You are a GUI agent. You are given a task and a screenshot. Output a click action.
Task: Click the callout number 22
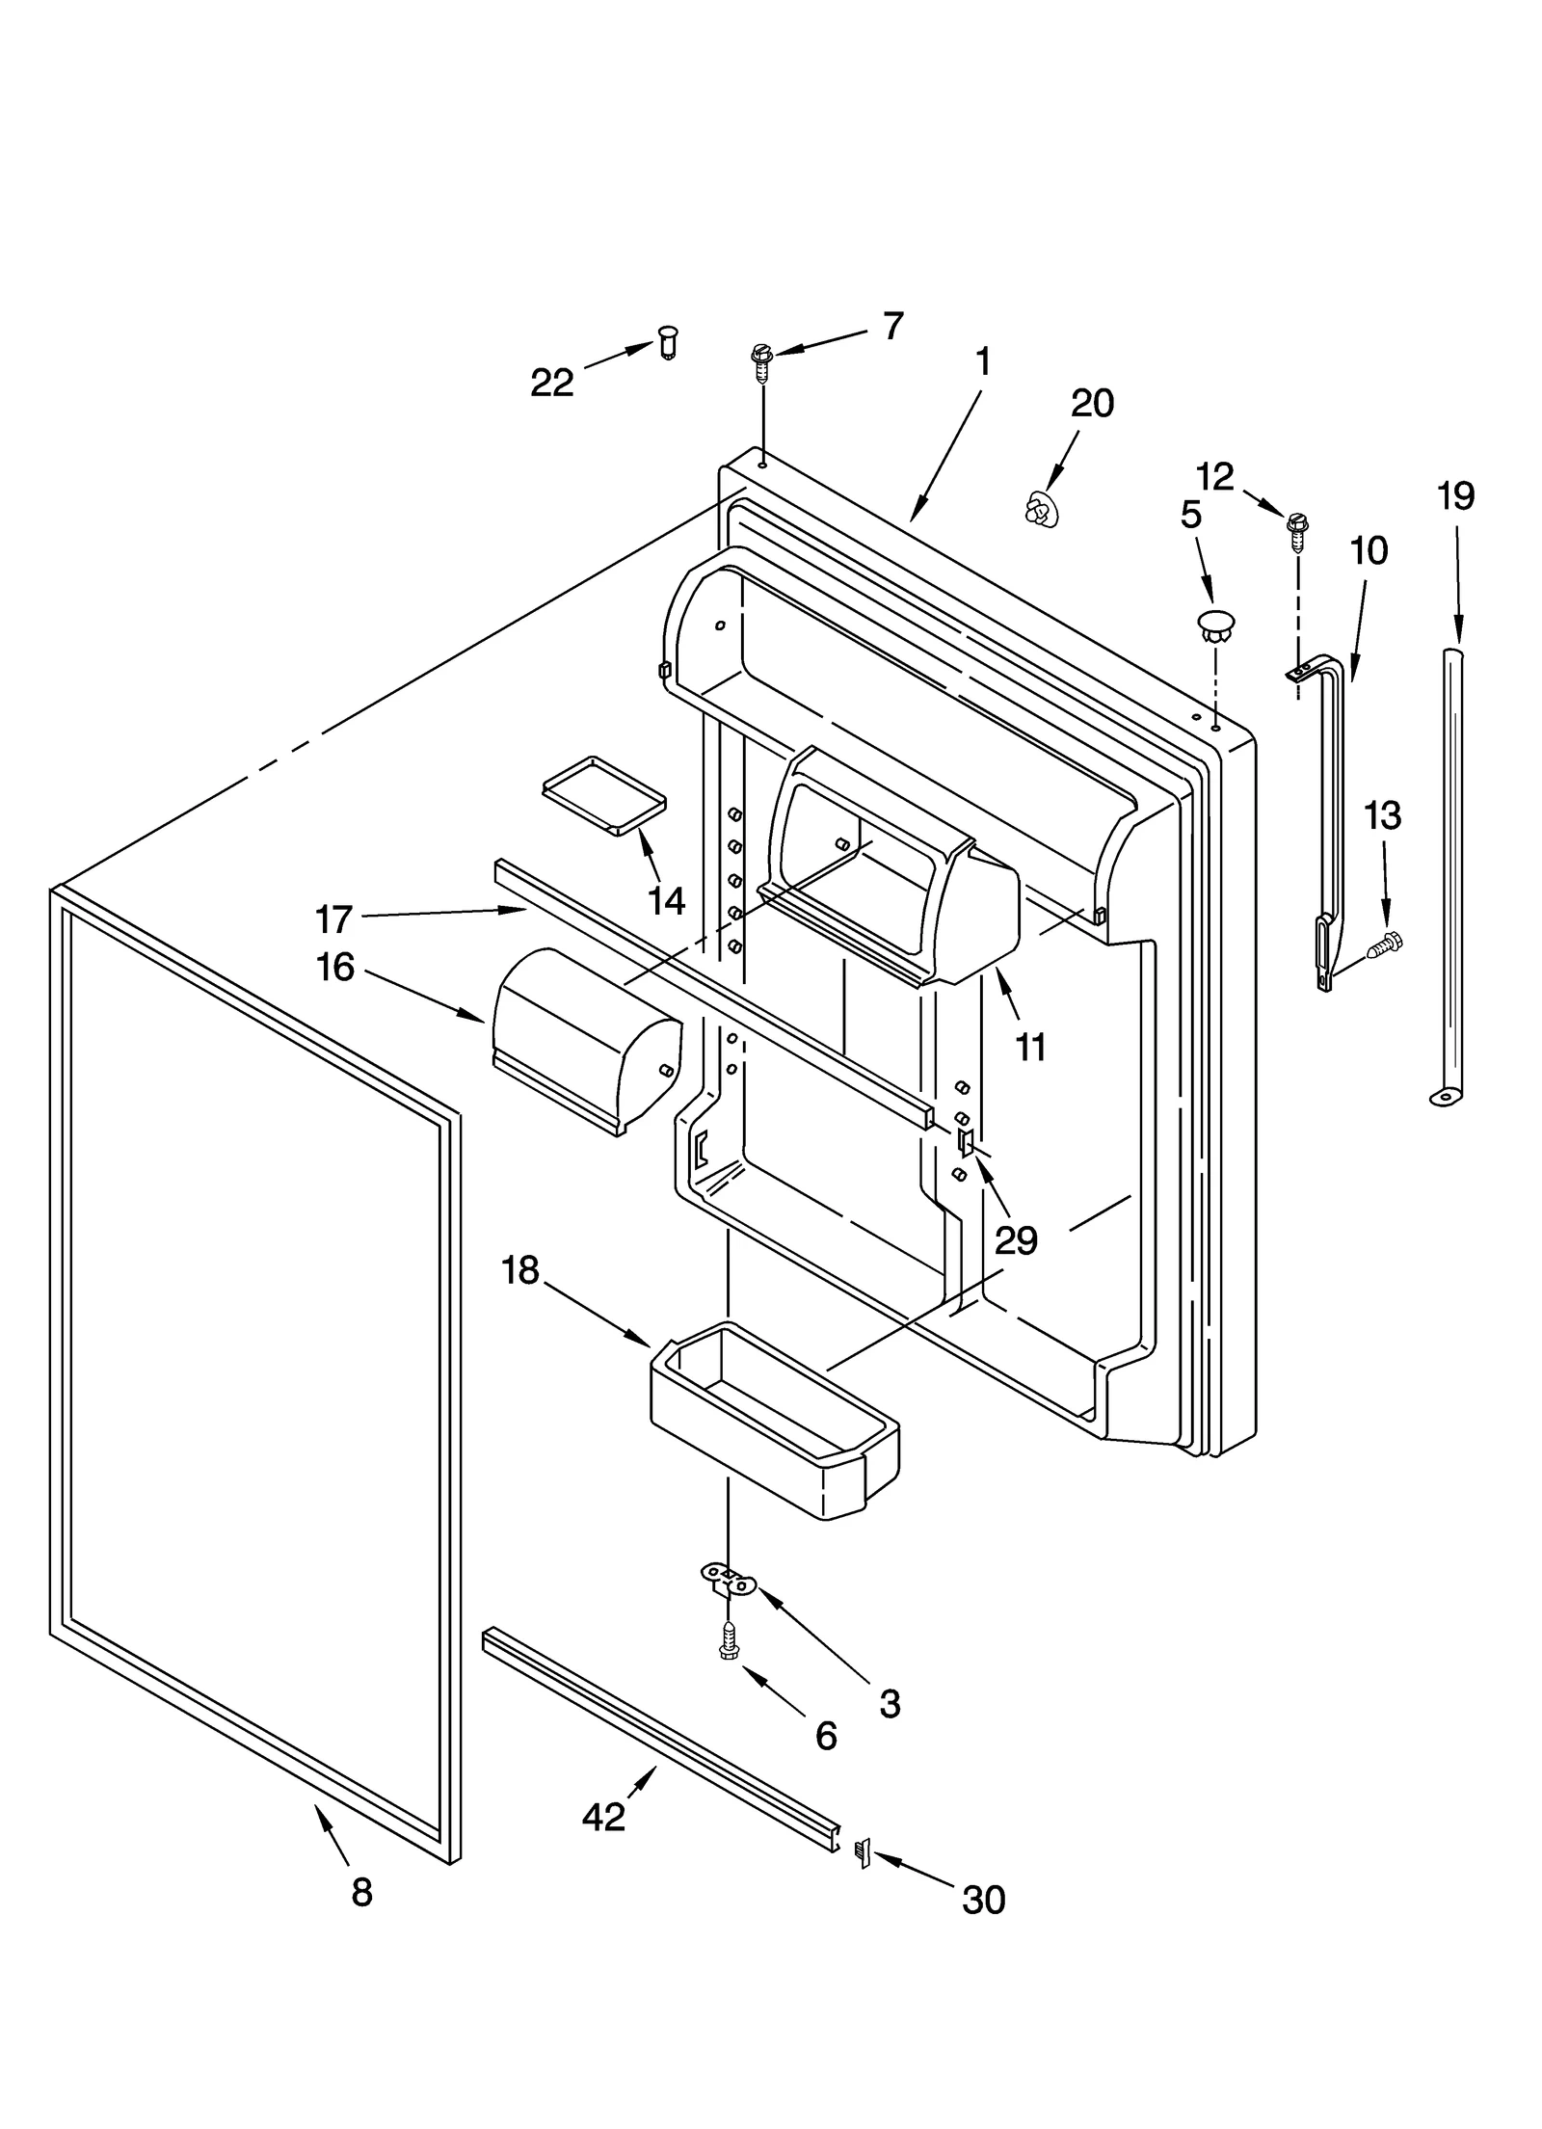click(552, 384)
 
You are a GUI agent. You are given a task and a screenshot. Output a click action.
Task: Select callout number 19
click(1455, 496)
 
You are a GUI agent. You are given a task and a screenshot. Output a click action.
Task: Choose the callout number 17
click(333, 919)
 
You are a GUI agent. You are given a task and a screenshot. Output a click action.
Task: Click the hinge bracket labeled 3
click(729, 1578)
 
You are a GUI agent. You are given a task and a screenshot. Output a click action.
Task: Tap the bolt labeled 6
click(730, 1647)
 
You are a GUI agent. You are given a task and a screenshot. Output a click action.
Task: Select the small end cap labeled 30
click(863, 1852)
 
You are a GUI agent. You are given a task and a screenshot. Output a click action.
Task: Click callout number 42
click(604, 1817)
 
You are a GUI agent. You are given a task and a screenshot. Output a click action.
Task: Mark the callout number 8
click(361, 1893)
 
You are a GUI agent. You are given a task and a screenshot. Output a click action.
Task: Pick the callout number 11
click(1030, 1047)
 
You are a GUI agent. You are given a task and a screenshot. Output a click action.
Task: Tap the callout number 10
click(1369, 551)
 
